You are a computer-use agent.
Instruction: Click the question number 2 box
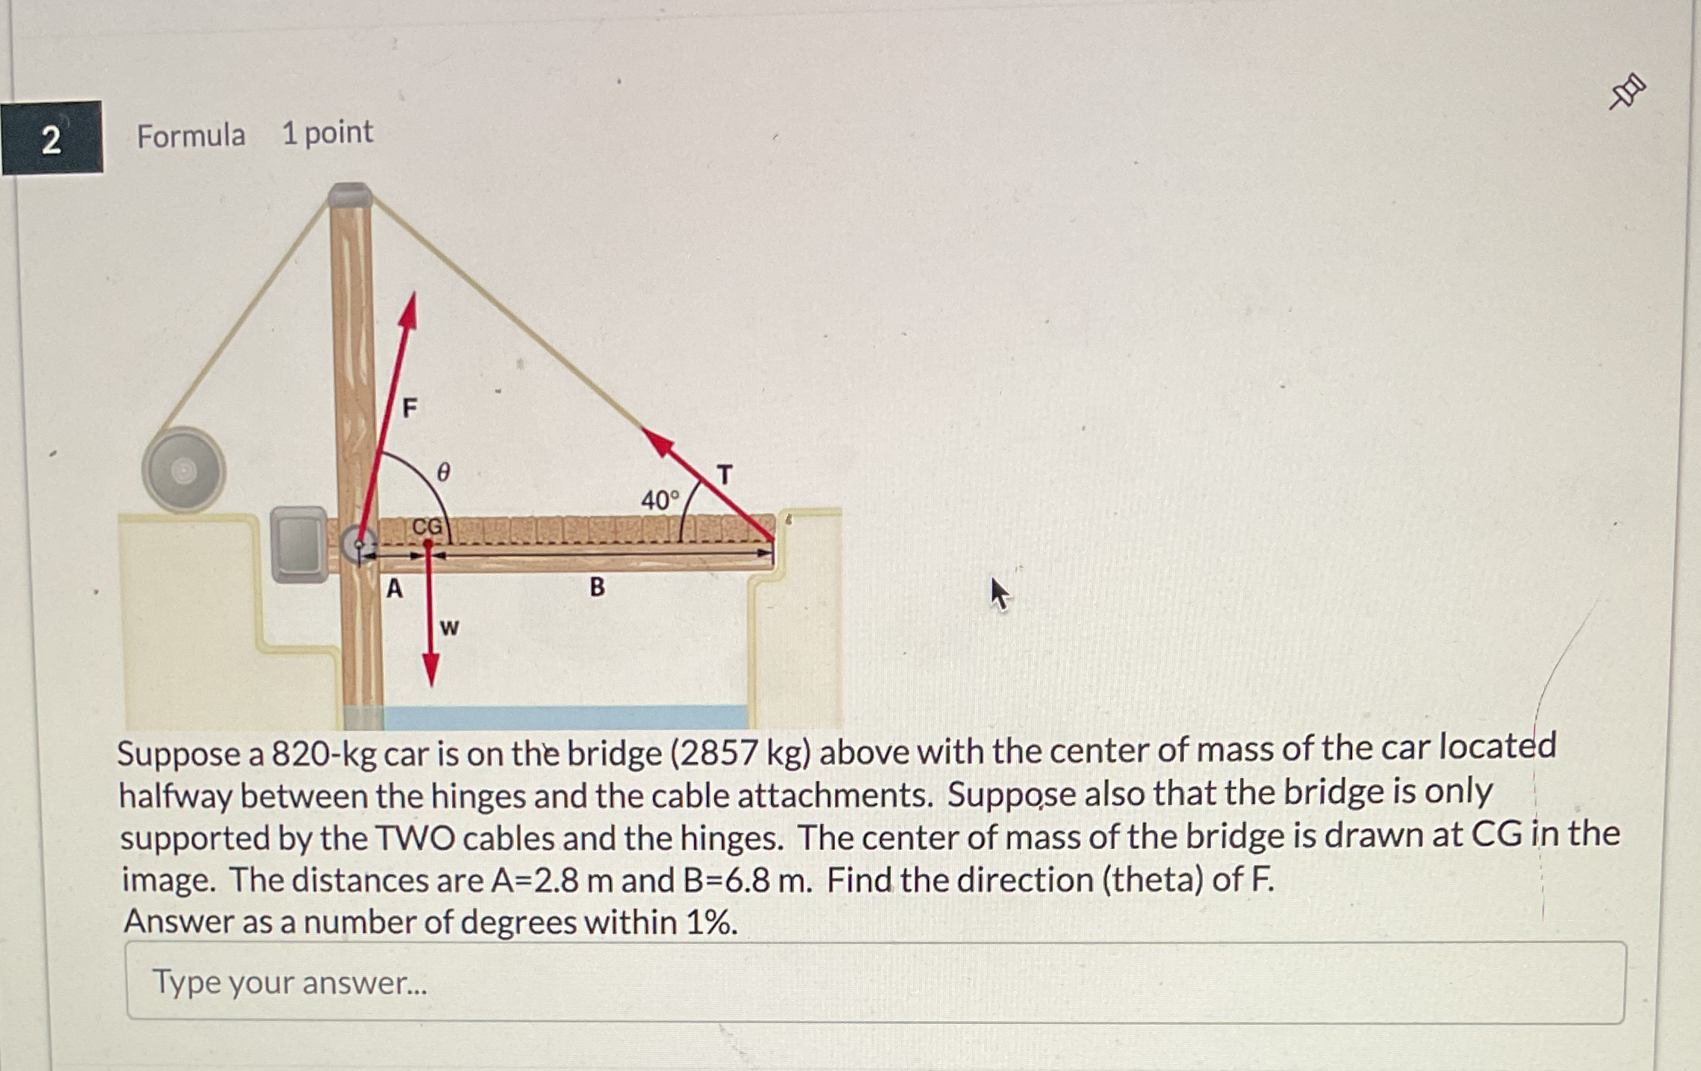pos(51,138)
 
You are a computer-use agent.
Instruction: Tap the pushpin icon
pos(1627,92)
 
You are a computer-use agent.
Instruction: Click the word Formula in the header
pos(191,136)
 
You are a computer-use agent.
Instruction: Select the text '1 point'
pos(327,133)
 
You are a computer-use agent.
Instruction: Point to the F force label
pos(410,408)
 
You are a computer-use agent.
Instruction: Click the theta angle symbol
pos(444,472)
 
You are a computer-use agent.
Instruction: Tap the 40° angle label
pos(660,500)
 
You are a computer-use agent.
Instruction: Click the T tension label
pos(724,475)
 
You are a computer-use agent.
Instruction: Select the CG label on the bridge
pos(427,526)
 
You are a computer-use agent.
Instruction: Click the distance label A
pos(394,588)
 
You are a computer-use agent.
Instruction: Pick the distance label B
pos(597,586)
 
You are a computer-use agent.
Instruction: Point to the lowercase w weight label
pos(449,627)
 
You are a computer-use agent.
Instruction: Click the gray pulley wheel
pos(183,470)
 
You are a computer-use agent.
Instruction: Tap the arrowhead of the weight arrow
pos(431,670)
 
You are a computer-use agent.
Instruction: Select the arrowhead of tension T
pos(657,442)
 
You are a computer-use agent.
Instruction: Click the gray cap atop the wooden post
pos(350,195)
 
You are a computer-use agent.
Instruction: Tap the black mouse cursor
pos(1000,595)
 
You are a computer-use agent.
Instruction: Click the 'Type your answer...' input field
pos(875,982)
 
